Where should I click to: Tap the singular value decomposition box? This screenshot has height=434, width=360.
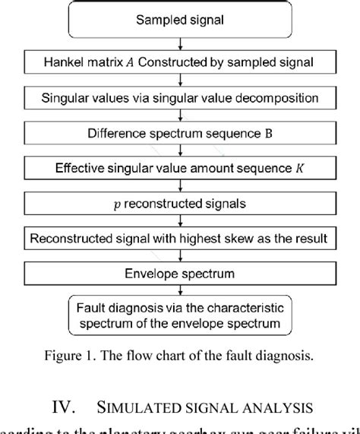coord(180,98)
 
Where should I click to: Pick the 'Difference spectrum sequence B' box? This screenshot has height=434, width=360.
coord(180,133)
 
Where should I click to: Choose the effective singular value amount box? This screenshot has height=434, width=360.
coord(180,169)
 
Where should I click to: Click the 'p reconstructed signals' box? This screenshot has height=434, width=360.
coord(180,204)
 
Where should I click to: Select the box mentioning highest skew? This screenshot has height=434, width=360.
coord(180,239)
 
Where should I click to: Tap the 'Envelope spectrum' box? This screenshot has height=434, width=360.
coord(180,274)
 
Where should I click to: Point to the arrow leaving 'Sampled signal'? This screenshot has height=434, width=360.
coord(179,43)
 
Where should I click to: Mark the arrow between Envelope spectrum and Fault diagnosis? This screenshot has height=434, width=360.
coord(179,292)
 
